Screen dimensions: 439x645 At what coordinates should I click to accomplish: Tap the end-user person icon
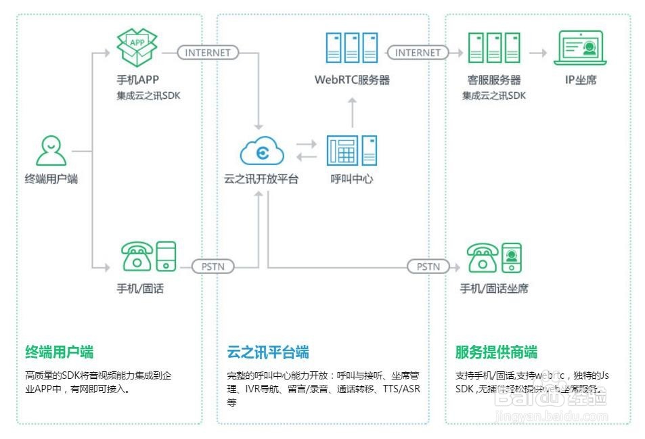tap(51, 151)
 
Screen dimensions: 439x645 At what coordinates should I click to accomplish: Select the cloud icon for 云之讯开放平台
tap(262, 152)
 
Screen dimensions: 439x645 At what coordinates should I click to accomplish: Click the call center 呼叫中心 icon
tap(352, 151)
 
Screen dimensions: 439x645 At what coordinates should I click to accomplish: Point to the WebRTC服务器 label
tap(352, 80)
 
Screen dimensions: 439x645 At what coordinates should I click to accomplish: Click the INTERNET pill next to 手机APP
tap(208, 52)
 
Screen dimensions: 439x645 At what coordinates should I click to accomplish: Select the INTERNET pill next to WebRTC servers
tap(418, 52)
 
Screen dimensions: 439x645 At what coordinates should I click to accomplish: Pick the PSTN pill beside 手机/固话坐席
tap(428, 267)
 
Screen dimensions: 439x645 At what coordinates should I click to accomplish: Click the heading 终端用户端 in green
tap(60, 352)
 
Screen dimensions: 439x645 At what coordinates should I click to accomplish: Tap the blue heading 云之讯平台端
tap(268, 352)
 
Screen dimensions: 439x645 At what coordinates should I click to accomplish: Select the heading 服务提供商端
tap(496, 352)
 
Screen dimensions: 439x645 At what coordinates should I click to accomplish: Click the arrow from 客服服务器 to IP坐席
tap(538, 52)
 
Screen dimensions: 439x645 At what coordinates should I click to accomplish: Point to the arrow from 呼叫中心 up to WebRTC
tap(352, 112)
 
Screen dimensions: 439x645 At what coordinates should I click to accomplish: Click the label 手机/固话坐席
tap(494, 289)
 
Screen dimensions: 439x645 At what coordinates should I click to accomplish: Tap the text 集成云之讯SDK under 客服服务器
tap(494, 95)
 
